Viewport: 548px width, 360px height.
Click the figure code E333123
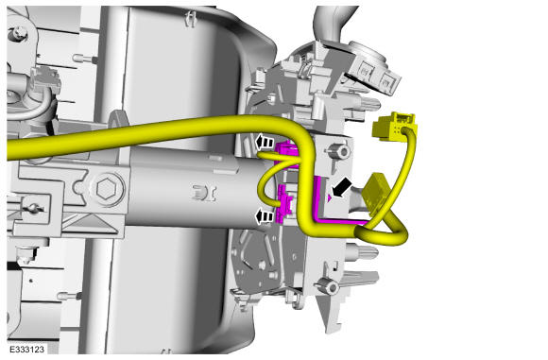pos(26,350)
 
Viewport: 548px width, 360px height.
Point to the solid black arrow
pos(341,188)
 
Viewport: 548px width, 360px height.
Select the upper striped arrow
pos(265,142)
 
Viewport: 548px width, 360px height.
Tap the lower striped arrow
pos(265,216)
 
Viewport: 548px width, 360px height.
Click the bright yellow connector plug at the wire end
pos(394,127)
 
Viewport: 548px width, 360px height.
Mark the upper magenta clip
pos(287,154)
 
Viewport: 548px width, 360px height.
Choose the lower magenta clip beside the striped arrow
pos(283,205)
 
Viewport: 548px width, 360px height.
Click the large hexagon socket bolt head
pos(106,189)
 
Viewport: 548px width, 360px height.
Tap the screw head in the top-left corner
pos(17,34)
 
